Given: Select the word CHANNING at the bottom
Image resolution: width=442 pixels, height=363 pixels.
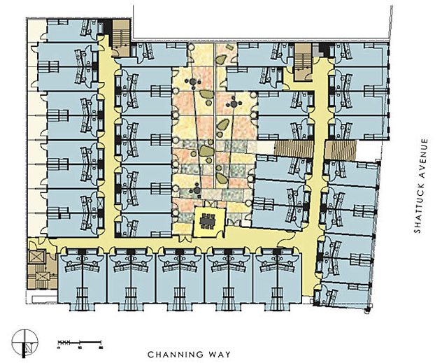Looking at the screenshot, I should [x=176, y=354].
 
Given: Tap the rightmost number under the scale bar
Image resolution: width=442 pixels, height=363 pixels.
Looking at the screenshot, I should [x=102, y=347].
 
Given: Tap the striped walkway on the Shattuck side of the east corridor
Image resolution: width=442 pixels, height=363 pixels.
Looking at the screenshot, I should [x=343, y=150].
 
